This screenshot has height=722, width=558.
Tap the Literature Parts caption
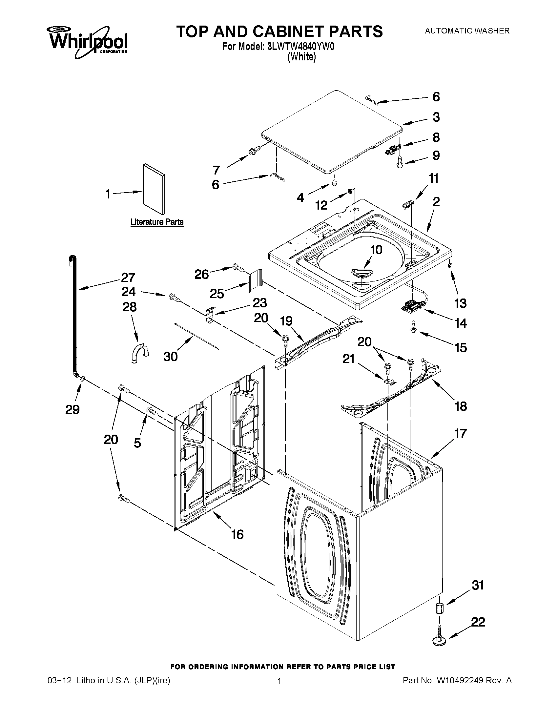(x=157, y=222)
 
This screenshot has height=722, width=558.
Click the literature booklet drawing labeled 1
(x=154, y=189)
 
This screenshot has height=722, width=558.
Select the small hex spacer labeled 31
(x=440, y=608)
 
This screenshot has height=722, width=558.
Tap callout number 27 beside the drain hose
(x=128, y=278)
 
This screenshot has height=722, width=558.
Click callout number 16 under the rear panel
(x=238, y=534)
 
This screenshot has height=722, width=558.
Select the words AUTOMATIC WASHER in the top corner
(x=467, y=31)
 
